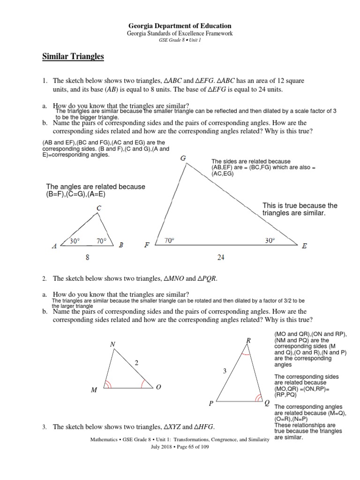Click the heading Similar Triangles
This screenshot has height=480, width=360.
click(x=73, y=57)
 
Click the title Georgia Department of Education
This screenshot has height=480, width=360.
click(x=180, y=26)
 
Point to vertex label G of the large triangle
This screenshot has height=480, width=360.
click(x=183, y=158)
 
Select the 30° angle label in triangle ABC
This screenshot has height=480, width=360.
click(x=75, y=241)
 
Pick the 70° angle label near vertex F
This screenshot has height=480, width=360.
click(x=169, y=240)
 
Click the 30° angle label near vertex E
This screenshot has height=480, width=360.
click(x=270, y=240)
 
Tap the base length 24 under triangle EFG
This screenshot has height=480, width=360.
click(x=221, y=257)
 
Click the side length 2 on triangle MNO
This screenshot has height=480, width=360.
click(x=137, y=363)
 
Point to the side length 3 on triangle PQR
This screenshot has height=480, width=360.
click(x=225, y=371)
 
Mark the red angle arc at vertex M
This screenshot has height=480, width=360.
click(x=108, y=384)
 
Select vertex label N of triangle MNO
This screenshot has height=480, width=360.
click(x=112, y=345)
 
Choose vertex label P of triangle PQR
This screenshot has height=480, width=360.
click(x=211, y=404)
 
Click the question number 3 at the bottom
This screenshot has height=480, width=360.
click(x=44, y=427)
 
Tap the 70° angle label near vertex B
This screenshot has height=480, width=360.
click(x=102, y=241)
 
